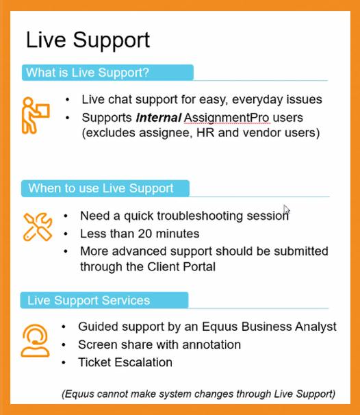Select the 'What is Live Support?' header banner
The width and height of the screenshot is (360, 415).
click(x=107, y=73)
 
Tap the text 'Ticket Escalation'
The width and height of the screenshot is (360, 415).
click(x=125, y=362)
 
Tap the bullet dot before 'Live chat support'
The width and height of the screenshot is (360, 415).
click(x=67, y=100)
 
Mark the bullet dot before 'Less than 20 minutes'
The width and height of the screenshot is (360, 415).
click(x=66, y=234)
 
